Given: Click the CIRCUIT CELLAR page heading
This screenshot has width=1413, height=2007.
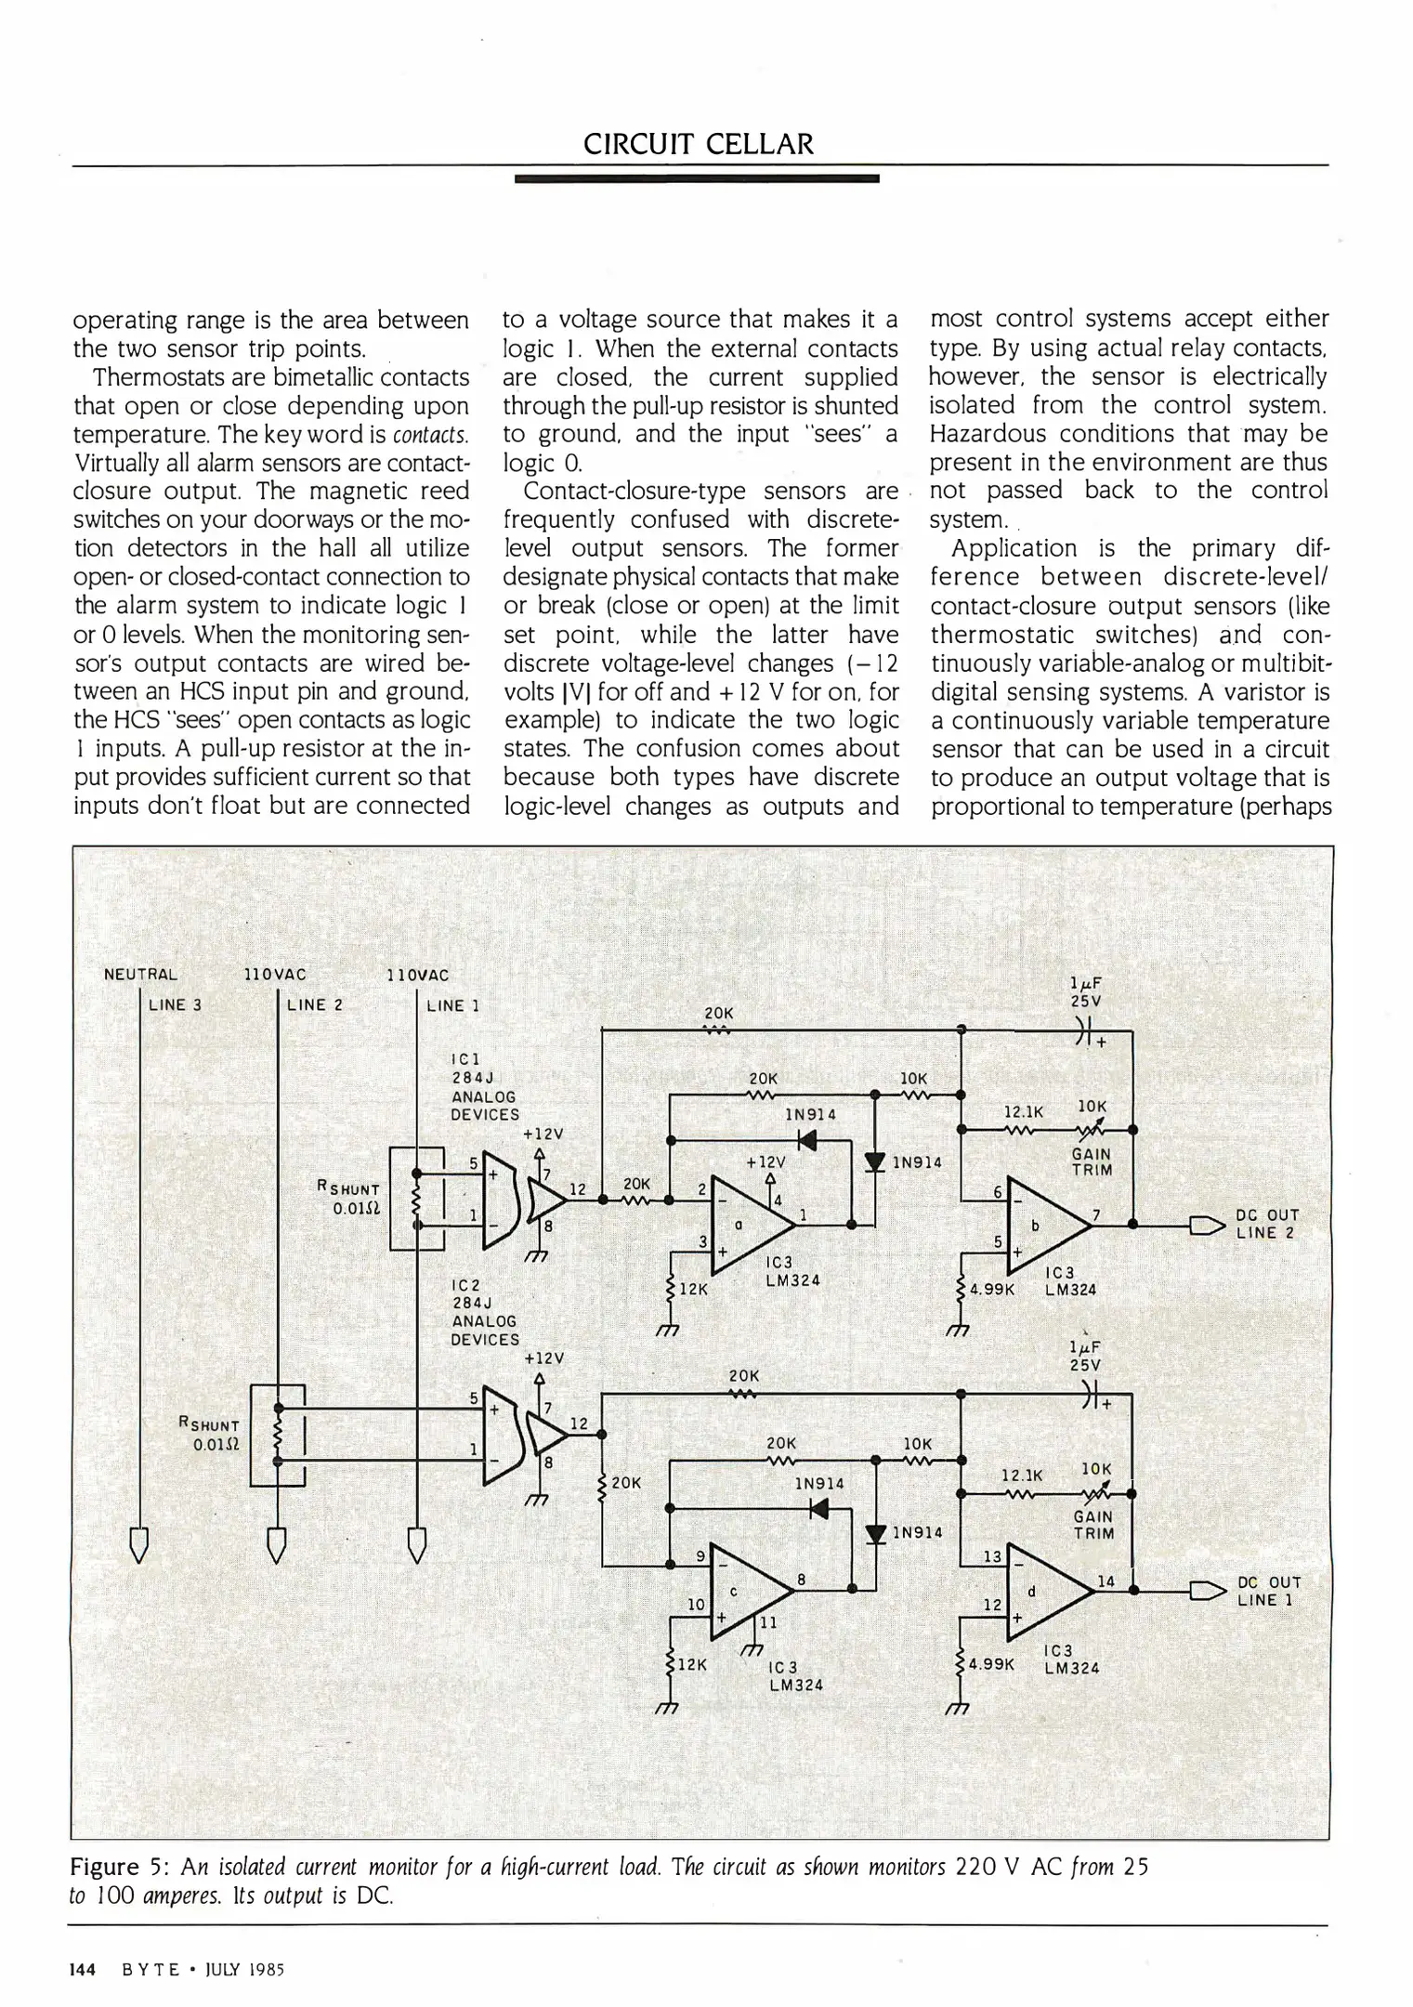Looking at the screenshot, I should [698, 144].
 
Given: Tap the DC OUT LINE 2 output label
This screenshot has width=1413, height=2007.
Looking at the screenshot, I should [1266, 1224].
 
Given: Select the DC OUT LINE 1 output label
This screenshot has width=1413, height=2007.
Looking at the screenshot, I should [1268, 1591].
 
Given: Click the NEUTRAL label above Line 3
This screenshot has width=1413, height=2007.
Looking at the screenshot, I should [140, 975].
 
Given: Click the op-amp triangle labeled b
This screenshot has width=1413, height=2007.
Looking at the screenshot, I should [1045, 1226].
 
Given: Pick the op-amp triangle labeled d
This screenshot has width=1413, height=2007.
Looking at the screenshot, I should [1045, 1592].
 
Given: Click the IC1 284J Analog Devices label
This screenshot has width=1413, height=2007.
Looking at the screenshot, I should [484, 1086].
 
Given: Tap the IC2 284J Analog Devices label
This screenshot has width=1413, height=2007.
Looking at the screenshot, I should [484, 1312].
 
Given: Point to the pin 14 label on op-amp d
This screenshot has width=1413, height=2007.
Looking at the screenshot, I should [1106, 1581].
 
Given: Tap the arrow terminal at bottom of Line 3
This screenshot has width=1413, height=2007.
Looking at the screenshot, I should [139, 1544].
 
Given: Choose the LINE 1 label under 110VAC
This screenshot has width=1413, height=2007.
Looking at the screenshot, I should [453, 1005].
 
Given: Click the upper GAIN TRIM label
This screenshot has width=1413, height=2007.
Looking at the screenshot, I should [1092, 1162].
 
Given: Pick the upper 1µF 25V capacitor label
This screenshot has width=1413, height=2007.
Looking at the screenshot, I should [1085, 993].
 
